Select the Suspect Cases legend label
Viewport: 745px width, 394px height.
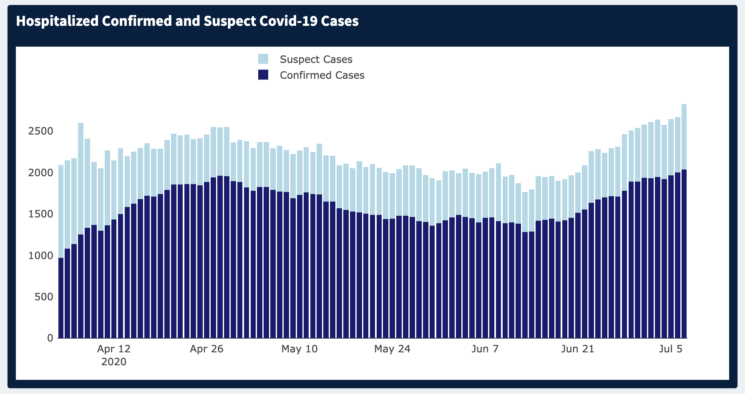[x=316, y=60]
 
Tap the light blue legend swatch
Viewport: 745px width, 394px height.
[x=263, y=59]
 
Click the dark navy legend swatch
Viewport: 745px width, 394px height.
[x=263, y=75]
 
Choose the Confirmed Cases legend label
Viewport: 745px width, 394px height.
[x=322, y=75]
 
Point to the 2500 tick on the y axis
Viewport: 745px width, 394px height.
[x=41, y=131]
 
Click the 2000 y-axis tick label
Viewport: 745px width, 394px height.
[x=41, y=172]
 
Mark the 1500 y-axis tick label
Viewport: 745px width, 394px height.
[x=41, y=214]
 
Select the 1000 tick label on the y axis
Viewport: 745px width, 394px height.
[x=41, y=255]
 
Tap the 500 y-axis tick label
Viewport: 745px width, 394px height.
[x=44, y=297]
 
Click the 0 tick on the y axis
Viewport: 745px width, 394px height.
[x=50, y=338]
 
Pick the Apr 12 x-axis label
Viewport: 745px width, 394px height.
[x=114, y=349]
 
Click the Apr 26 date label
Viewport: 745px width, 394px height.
[x=206, y=349]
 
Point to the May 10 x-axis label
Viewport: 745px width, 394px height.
[x=300, y=349]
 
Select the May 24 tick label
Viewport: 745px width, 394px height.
[x=392, y=349]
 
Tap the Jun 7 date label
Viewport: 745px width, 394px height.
[x=485, y=349]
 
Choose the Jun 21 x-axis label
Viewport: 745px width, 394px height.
[x=578, y=349]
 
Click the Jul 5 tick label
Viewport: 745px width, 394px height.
[x=671, y=349]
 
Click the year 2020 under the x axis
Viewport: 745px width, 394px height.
[x=114, y=362]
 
